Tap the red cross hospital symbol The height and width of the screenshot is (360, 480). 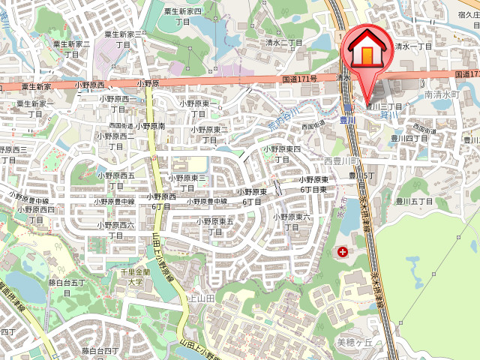(x=343, y=253)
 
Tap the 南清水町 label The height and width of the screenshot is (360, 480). (x=441, y=95)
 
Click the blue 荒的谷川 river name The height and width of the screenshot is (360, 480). (x=283, y=118)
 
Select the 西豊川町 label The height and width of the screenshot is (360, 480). (x=342, y=161)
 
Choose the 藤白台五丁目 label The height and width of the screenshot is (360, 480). (x=68, y=287)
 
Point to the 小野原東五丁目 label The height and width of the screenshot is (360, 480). (x=215, y=226)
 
